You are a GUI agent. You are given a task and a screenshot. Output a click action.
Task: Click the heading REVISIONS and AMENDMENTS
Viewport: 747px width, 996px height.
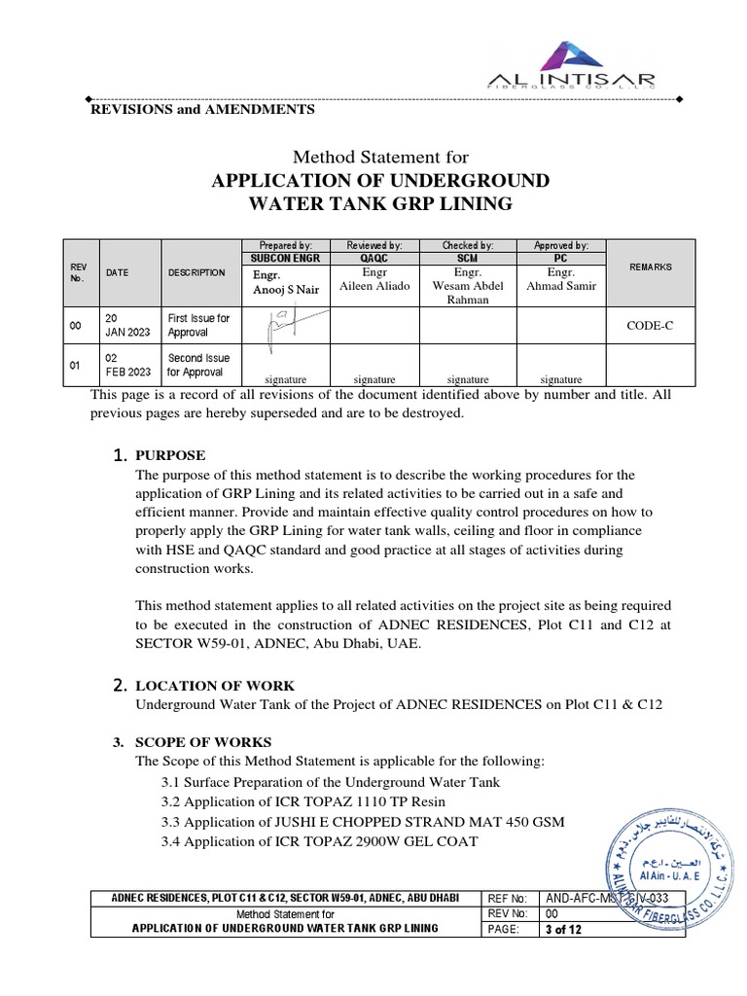(x=202, y=110)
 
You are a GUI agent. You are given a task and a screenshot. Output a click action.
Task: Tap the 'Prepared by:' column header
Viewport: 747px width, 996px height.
(x=285, y=245)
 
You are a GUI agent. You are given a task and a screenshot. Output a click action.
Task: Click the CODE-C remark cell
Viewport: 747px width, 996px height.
(x=650, y=326)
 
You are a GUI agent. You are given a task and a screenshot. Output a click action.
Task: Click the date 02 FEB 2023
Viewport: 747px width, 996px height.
(x=128, y=365)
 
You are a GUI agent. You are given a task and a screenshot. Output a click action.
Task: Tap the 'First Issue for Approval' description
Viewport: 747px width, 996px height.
(x=198, y=325)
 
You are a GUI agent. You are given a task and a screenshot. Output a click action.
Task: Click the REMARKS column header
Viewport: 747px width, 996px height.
(x=650, y=267)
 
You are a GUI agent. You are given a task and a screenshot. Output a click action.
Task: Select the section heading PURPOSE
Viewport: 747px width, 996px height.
(x=170, y=455)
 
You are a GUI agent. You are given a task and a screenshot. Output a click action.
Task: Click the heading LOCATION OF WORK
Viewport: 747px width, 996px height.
(x=214, y=686)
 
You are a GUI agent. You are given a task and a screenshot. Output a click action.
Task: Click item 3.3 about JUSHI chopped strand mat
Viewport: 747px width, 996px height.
(x=362, y=822)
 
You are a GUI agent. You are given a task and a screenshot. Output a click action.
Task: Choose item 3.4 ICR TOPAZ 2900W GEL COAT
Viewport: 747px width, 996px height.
(x=319, y=840)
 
